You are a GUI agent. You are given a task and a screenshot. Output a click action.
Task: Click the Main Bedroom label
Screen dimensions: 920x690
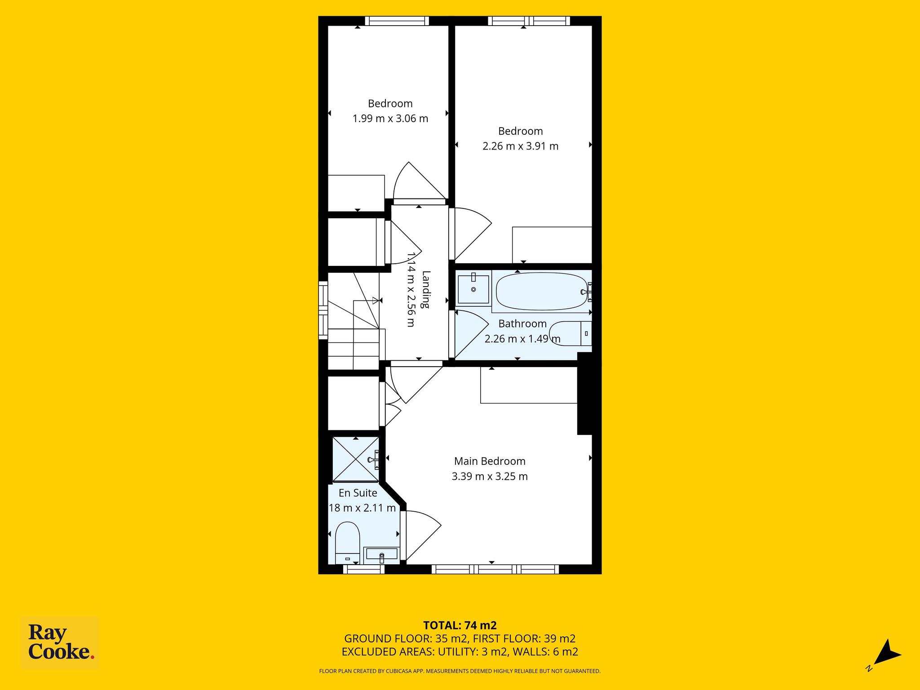(x=490, y=461)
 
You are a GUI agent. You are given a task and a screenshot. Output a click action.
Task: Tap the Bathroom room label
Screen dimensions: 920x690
(x=522, y=323)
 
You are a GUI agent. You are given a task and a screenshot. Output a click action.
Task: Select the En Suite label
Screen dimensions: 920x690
(x=358, y=493)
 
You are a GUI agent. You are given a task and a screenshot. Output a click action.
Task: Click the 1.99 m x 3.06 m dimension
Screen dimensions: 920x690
(x=390, y=119)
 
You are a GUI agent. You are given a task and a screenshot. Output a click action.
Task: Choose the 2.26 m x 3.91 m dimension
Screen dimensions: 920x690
(x=521, y=146)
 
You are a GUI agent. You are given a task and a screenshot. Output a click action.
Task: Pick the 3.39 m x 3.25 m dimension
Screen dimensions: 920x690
(x=490, y=476)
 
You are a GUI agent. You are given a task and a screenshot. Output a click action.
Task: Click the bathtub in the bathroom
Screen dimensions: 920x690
(x=542, y=292)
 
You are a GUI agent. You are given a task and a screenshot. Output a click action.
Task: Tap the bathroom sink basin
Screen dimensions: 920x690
(x=473, y=289)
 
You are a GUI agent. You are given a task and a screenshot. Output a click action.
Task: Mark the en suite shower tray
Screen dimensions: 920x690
(x=356, y=459)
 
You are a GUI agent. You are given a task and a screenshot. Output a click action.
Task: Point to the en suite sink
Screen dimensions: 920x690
(x=381, y=555)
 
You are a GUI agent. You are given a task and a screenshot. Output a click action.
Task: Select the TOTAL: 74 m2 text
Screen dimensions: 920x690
(x=460, y=625)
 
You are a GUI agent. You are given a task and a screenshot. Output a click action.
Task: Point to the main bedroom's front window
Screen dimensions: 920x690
(x=495, y=570)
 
